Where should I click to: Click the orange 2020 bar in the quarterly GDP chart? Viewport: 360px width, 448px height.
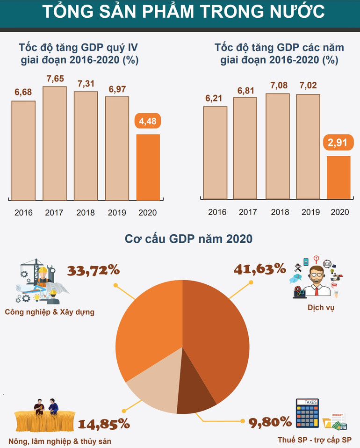148,167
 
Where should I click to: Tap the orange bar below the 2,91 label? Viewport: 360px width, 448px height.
338,177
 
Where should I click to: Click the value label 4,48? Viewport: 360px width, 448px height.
148,122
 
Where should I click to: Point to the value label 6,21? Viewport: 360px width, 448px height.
215,99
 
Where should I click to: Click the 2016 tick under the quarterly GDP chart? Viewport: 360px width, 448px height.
23,213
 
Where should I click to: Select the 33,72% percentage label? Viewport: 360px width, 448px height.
94,270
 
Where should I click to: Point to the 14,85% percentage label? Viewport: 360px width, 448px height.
103,424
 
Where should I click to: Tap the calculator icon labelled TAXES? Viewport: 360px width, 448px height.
308,413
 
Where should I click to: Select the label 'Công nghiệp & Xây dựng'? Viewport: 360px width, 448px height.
50,312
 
